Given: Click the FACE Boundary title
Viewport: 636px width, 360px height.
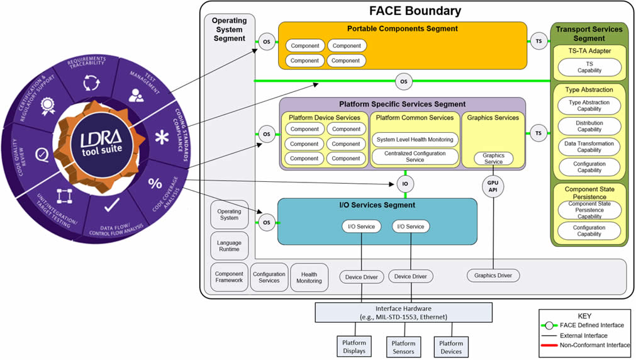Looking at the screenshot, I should pyautogui.click(x=415, y=11).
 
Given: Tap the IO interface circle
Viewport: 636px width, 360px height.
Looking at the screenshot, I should pyautogui.click(x=405, y=184).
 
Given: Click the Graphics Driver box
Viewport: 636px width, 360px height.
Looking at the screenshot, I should pyautogui.click(x=493, y=275).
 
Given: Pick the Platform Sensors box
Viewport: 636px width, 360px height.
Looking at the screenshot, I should pyautogui.click(x=403, y=347).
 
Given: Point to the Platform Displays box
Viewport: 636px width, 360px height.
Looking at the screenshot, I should pyautogui.click(x=354, y=347).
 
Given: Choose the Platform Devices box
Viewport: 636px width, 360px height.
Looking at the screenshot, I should pyautogui.click(x=451, y=347).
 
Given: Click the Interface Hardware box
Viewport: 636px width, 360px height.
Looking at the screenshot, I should pyautogui.click(x=403, y=312).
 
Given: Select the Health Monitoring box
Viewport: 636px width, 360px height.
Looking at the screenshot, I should pyautogui.click(x=310, y=277).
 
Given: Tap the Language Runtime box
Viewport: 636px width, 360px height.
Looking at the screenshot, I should pyautogui.click(x=229, y=245).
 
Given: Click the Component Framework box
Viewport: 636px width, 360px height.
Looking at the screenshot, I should pyautogui.click(x=229, y=277).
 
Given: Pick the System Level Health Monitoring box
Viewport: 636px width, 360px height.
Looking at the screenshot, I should pyautogui.click(x=415, y=140).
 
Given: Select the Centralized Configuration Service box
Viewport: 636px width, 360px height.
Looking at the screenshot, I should pyautogui.click(x=415, y=157).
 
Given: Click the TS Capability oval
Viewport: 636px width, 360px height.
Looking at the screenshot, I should pyautogui.click(x=589, y=67).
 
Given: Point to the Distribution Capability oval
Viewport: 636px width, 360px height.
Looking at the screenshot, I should pyautogui.click(x=589, y=127).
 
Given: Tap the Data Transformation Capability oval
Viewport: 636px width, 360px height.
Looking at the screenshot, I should pyautogui.click(x=589, y=147).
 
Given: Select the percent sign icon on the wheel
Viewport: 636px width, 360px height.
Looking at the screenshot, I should pyautogui.click(x=155, y=184).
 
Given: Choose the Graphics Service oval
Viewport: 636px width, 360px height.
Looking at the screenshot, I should pyautogui.click(x=493, y=159).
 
